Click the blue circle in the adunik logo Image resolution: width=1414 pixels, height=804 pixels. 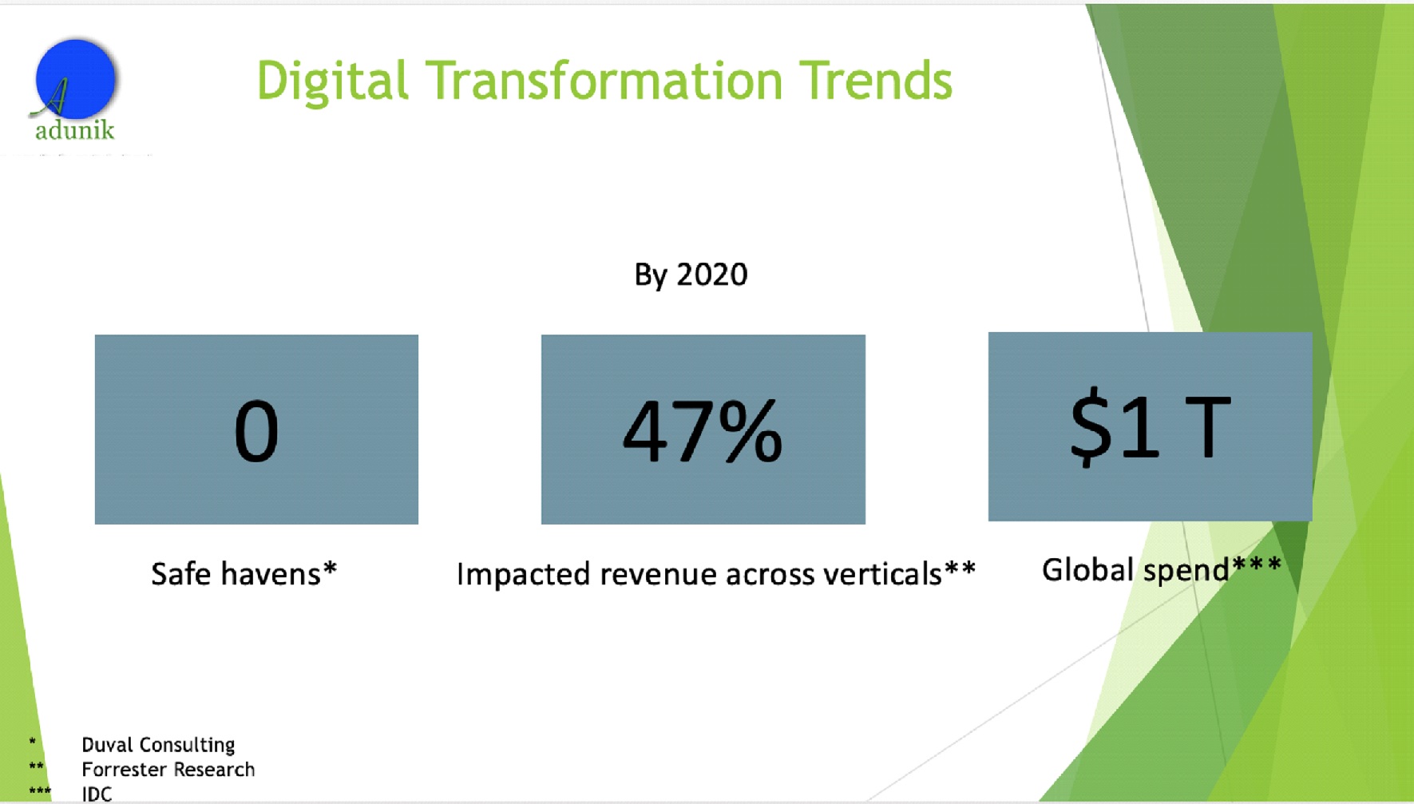click(x=76, y=78)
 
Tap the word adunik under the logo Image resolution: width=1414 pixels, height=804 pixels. click(x=74, y=130)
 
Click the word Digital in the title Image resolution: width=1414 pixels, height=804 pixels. click(x=332, y=81)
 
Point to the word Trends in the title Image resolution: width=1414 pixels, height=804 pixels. click(x=876, y=81)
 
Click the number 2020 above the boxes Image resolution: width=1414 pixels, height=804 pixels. click(x=712, y=275)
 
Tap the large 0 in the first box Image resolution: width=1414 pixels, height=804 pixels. click(x=256, y=432)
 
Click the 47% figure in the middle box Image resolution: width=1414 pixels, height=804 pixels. click(x=703, y=432)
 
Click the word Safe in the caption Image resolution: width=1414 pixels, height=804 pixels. click(x=181, y=574)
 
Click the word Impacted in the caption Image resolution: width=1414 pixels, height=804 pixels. click(x=523, y=574)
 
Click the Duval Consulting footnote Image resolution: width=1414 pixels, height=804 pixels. click(x=158, y=745)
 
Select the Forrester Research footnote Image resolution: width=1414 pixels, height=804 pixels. click(x=168, y=770)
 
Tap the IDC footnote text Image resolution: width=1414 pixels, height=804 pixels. click(x=97, y=794)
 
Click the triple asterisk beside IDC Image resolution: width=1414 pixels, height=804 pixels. click(x=40, y=792)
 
